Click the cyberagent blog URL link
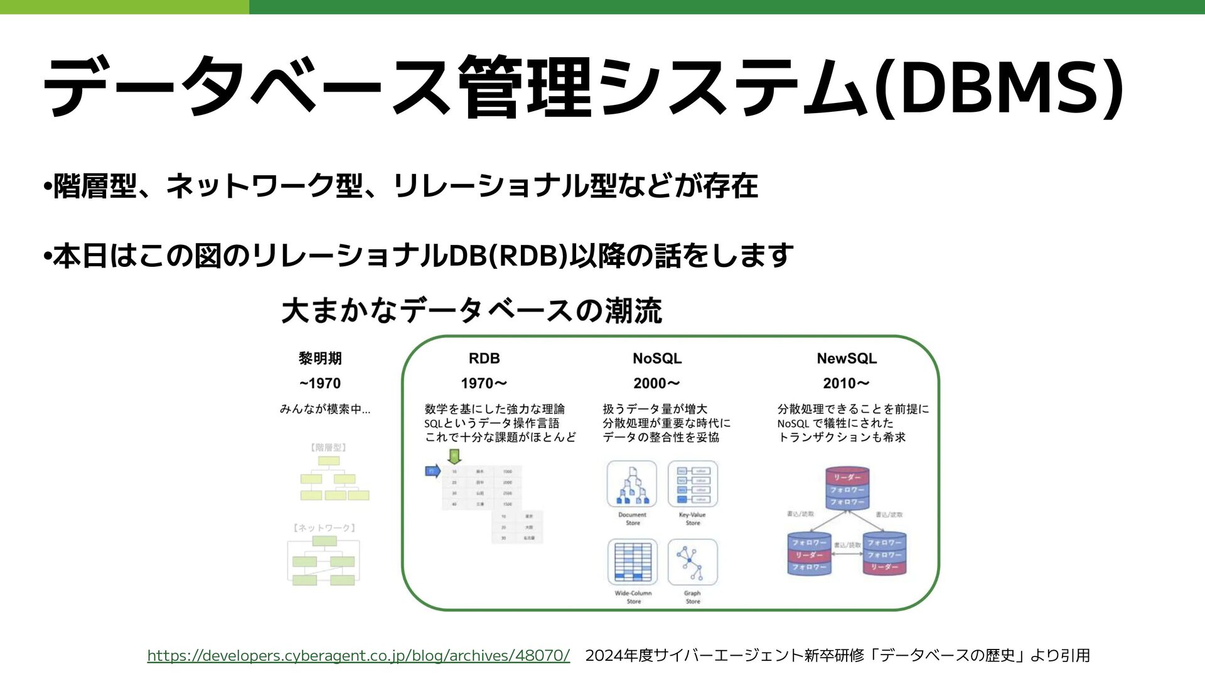click(x=358, y=656)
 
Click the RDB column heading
click(x=484, y=359)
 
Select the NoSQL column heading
click(x=656, y=359)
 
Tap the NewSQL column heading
click(x=846, y=359)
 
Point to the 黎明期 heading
click(x=320, y=359)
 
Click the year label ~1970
click(x=320, y=383)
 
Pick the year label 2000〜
click(x=656, y=383)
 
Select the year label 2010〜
click(x=846, y=383)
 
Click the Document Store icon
click(x=632, y=484)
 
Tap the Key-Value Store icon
click(x=692, y=484)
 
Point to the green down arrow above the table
click(x=454, y=456)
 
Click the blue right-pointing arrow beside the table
click(x=433, y=470)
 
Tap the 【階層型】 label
click(x=328, y=448)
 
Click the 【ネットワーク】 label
click(x=324, y=528)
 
